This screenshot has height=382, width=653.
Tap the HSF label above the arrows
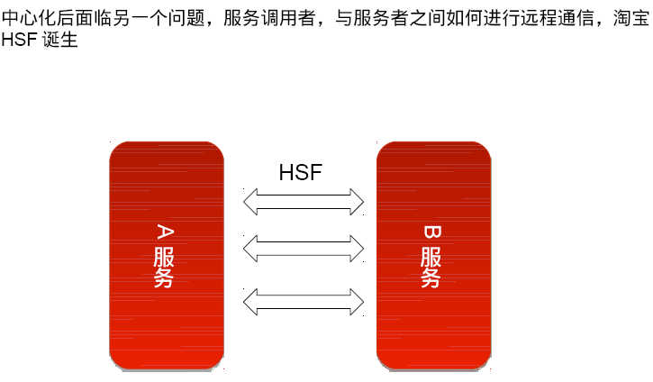[300, 173]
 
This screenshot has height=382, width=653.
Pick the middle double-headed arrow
[304, 247]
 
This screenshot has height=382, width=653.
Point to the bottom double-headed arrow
[304, 300]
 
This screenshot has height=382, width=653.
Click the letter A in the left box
[165, 232]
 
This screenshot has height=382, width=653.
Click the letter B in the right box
[432, 232]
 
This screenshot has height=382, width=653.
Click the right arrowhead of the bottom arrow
[354, 300]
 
